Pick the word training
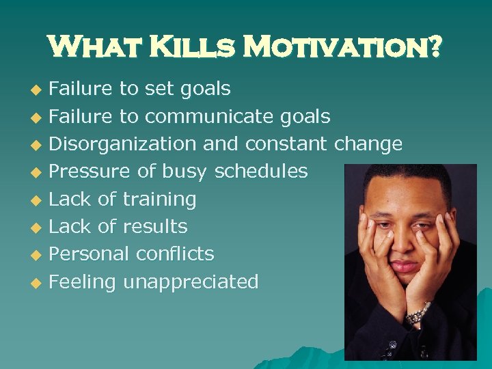[159, 200]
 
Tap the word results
[155, 226]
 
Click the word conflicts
[175, 254]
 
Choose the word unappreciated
[191, 282]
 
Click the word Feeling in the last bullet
[82, 282]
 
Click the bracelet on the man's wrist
[417, 314]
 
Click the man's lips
[404, 265]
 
